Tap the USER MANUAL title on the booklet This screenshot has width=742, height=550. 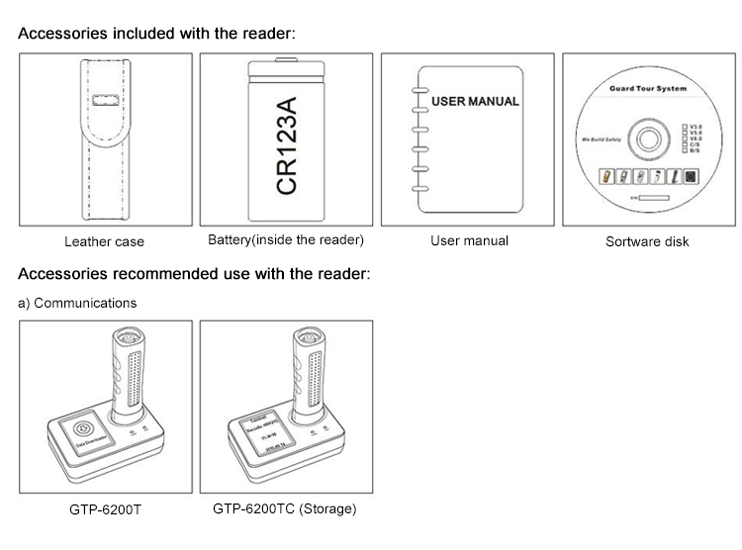pos(476,101)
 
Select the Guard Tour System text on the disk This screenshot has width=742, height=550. pos(647,89)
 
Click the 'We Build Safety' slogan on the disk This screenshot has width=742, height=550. pos(599,138)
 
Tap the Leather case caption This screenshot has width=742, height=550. pos(104,241)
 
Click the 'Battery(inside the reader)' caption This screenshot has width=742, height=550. pos(286,240)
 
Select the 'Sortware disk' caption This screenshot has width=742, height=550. pos(647,241)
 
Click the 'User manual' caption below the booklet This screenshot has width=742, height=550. pos(469,240)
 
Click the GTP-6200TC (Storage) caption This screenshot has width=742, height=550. pos(285,509)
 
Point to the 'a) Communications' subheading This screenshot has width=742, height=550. pos(78,303)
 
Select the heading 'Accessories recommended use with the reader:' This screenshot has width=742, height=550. pos(194,274)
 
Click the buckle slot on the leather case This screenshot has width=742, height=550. pos(103,101)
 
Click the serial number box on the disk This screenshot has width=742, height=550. pos(662,198)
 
